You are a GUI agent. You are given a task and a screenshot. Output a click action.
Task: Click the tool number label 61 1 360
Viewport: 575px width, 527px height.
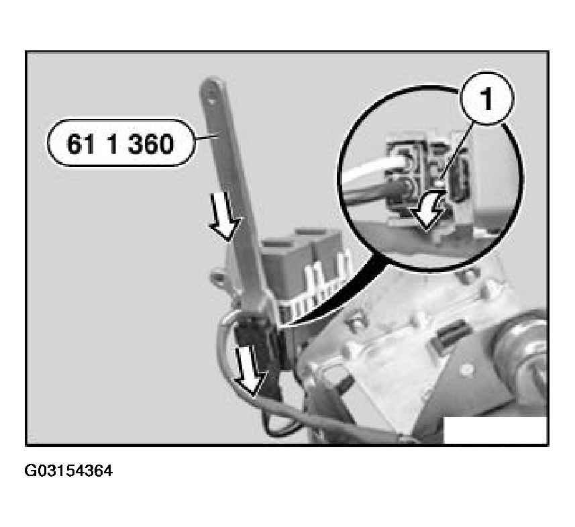tap(119, 142)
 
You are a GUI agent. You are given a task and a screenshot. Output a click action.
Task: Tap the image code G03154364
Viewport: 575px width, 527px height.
tap(68, 470)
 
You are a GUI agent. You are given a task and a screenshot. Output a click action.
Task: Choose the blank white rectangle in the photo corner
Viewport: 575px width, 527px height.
tap(494, 430)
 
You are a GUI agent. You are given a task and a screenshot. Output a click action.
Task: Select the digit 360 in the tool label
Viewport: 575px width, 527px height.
tap(150, 142)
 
